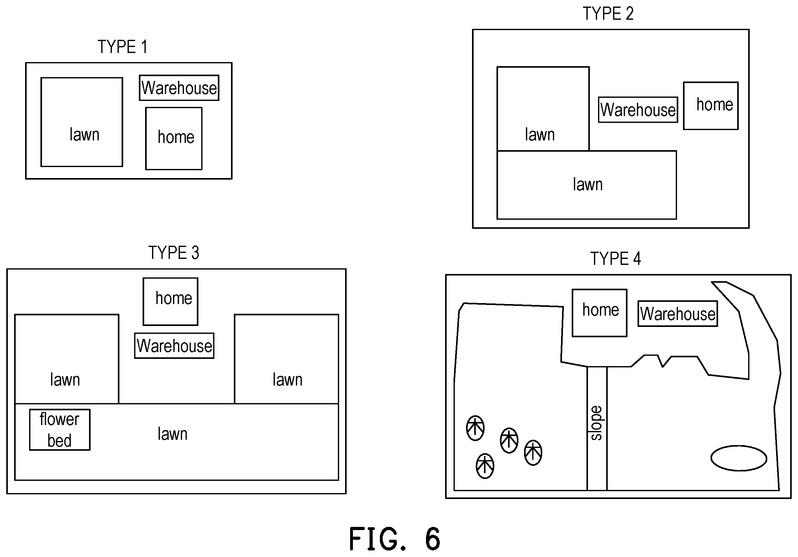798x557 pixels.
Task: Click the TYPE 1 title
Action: tap(123, 47)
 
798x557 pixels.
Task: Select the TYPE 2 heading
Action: tap(608, 14)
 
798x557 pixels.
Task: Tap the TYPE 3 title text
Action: tap(174, 253)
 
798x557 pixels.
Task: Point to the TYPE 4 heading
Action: tap(616, 259)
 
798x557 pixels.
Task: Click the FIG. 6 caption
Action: tap(395, 539)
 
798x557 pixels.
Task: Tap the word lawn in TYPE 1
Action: tap(84, 134)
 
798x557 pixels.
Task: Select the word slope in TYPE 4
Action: tap(596, 423)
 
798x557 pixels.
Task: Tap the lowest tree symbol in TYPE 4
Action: tap(485, 466)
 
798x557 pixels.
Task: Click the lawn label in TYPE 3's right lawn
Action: tap(287, 380)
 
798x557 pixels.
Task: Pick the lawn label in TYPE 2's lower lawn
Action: tap(588, 184)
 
